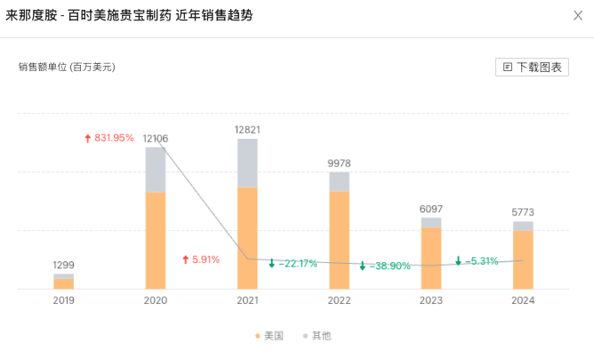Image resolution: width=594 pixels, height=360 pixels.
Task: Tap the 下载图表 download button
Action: pyautogui.click(x=532, y=67)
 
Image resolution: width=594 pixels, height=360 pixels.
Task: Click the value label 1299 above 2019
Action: pyautogui.click(x=63, y=265)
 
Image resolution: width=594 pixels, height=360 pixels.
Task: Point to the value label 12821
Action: pyautogui.click(x=247, y=130)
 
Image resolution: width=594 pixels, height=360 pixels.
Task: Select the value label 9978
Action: pyautogui.click(x=340, y=163)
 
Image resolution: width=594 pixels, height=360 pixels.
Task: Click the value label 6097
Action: pyautogui.click(x=431, y=209)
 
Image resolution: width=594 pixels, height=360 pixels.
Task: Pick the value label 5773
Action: pyautogui.click(x=523, y=212)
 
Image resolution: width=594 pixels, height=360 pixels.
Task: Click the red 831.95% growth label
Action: pyautogui.click(x=109, y=138)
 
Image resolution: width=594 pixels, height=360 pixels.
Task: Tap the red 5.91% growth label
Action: pyautogui.click(x=201, y=260)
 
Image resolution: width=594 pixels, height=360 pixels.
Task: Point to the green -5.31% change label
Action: pyautogui.click(x=477, y=261)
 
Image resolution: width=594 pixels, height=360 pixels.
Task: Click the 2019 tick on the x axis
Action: pyautogui.click(x=63, y=300)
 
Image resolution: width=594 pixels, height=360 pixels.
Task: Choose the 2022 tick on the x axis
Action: pyautogui.click(x=340, y=300)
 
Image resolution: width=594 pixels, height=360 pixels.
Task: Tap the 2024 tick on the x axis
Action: pyautogui.click(x=523, y=300)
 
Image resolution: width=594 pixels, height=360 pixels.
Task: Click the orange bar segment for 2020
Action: pyautogui.click(x=156, y=240)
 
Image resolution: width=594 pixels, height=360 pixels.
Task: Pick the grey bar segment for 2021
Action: pyautogui.click(x=247, y=163)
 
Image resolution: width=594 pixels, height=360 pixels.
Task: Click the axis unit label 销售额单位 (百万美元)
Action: pyautogui.click(x=67, y=67)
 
